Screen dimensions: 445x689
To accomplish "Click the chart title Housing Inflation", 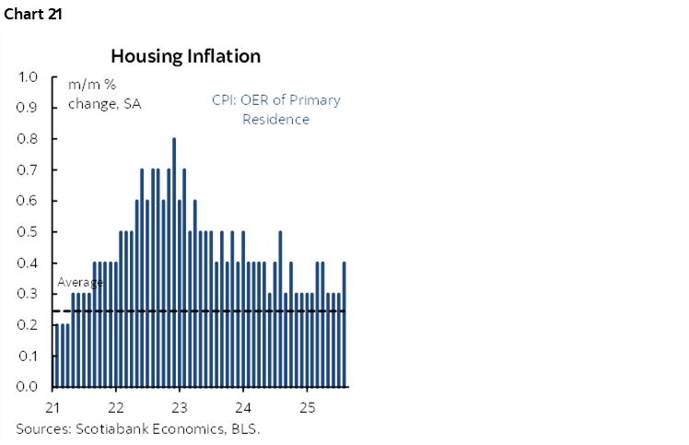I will pyautogui.click(x=185, y=56).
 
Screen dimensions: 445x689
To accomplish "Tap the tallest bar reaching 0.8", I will pyautogui.click(x=174, y=263).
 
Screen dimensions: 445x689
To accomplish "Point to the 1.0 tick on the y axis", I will pyautogui.click(x=27, y=76).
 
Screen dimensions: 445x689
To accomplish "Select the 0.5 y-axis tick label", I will pyautogui.click(x=27, y=231).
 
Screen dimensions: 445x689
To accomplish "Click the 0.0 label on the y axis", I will pyautogui.click(x=27, y=387).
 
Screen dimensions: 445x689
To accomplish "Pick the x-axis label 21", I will pyautogui.click(x=53, y=406).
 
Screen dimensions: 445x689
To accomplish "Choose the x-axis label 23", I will pyautogui.click(x=180, y=406).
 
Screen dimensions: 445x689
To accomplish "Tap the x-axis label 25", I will pyautogui.click(x=308, y=406).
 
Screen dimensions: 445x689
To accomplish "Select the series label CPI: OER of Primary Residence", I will pyautogui.click(x=275, y=110).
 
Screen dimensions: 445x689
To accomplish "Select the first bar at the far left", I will pyautogui.click(x=56, y=356).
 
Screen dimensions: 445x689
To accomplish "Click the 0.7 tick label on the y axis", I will pyautogui.click(x=27, y=170).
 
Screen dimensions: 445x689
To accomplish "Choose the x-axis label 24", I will pyautogui.click(x=243, y=406).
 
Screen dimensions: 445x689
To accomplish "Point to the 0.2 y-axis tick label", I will pyautogui.click(x=27, y=324).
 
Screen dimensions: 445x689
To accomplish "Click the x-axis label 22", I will pyautogui.click(x=116, y=406).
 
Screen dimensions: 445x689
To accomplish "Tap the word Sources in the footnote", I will pyautogui.click(x=42, y=428).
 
